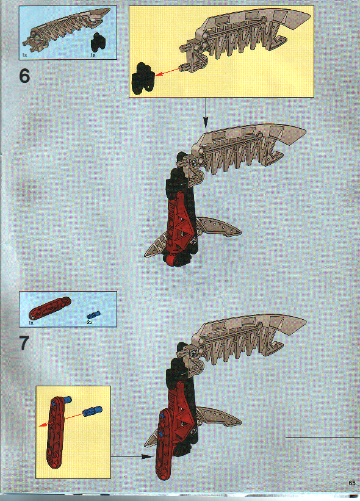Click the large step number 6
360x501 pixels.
pos(24,77)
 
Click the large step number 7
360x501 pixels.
pos(24,342)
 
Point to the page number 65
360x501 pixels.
pos(352,483)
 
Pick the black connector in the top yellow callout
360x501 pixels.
pos(142,77)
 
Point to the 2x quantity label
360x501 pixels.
pos(90,322)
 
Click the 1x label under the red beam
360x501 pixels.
pos(31,322)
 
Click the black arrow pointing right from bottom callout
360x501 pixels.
pos(131,456)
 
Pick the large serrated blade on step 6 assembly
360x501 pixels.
pos(250,146)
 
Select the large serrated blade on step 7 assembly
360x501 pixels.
pos(250,336)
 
